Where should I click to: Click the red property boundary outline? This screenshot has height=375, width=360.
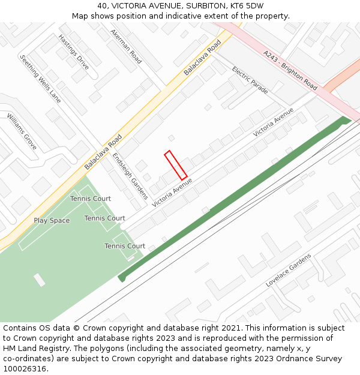(x=176, y=165)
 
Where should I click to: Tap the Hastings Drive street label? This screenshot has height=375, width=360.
(x=74, y=52)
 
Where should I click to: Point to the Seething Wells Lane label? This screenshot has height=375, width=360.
(x=41, y=79)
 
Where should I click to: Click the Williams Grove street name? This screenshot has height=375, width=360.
(x=22, y=131)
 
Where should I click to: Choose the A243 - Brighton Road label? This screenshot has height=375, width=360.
(x=290, y=70)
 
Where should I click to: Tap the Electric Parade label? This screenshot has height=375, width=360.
(x=250, y=80)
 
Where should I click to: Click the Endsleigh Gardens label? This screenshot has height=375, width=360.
(x=130, y=176)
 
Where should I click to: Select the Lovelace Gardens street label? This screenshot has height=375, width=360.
(x=289, y=270)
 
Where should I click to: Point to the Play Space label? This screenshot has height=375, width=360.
(x=52, y=221)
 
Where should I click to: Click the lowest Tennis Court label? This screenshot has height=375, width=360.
(x=125, y=246)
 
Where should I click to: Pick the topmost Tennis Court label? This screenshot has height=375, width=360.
(x=91, y=199)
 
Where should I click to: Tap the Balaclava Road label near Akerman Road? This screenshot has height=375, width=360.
(x=202, y=57)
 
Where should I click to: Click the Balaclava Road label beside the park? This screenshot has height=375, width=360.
(x=103, y=151)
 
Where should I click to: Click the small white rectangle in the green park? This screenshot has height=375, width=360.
(x=39, y=280)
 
